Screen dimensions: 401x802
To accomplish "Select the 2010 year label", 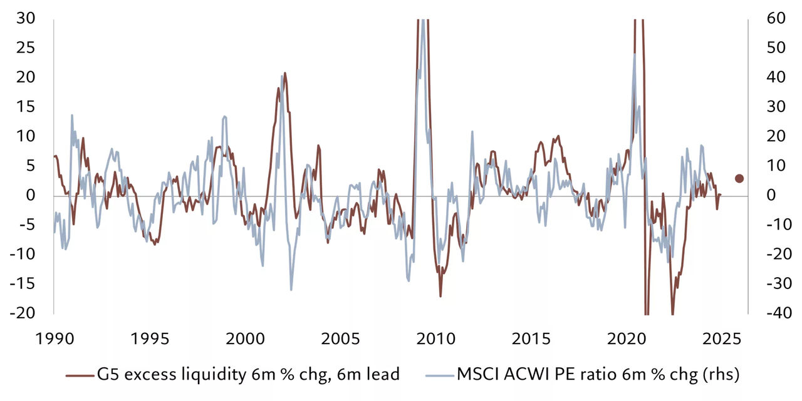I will [x=435, y=339].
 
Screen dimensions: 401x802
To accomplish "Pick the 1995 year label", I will [x=149, y=339].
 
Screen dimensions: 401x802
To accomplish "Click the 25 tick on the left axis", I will [x=27, y=48].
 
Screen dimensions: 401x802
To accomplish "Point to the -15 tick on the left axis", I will [x=24, y=283].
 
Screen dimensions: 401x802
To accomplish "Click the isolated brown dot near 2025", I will [x=739, y=178].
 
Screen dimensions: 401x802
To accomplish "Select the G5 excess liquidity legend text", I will [x=247, y=375].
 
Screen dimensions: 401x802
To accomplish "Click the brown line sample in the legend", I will [x=80, y=375].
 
